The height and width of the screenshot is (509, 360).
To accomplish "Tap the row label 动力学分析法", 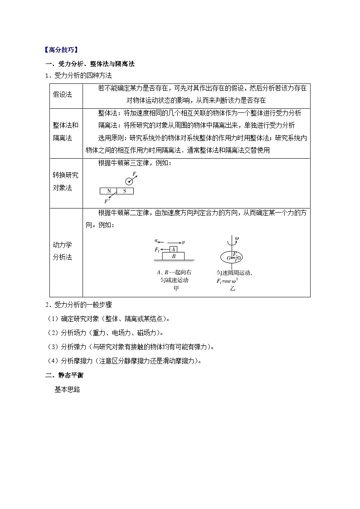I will pos(63,251).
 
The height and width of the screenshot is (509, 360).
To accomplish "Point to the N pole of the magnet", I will pos(108,191).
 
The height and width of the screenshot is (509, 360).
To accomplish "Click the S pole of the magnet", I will pos(125,191).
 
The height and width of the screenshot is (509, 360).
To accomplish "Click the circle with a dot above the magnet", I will pos(129,181).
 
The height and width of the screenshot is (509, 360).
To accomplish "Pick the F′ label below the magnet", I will pos(107,201).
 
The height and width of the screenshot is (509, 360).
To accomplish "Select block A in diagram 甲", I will pos(173,249).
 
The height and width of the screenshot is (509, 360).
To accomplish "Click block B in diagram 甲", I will pos(173,256).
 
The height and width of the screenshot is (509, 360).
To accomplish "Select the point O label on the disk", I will pos(229,258).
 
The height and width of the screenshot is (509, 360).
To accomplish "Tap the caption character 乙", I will pos(233,289).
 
